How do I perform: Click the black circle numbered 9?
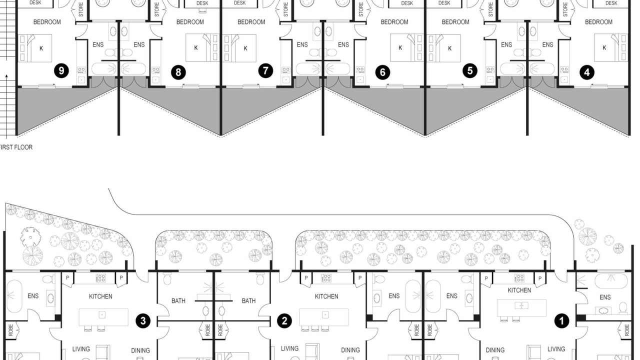click(x=61, y=70)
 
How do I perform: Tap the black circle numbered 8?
click(x=178, y=72)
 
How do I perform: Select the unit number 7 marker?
click(x=265, y=70)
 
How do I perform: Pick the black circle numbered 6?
click(x=382, y=72)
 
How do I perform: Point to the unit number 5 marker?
click(x=469, y=70)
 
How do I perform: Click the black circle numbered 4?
click(x=587, y=72)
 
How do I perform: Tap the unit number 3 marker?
click(x=143, y=321)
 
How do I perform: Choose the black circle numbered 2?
click(x=284, y=321)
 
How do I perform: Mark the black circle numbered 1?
click(x=561, y=321)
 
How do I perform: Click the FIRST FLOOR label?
click(x=16, y=147)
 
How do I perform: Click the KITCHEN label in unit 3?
click(x=100, y=296)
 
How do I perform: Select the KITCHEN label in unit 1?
click(x=519, y=290)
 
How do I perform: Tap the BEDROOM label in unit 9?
click(x=47, y=22)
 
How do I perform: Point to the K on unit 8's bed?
click(x=196, y=47)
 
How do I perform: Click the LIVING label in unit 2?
click(x=289, y=348)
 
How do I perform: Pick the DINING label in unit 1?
click(x=495, y=350)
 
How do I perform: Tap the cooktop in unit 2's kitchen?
click(x=326, y=277)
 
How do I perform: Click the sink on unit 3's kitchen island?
click(x=102, y=314)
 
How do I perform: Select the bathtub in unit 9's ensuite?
click(x=104, y=69)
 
